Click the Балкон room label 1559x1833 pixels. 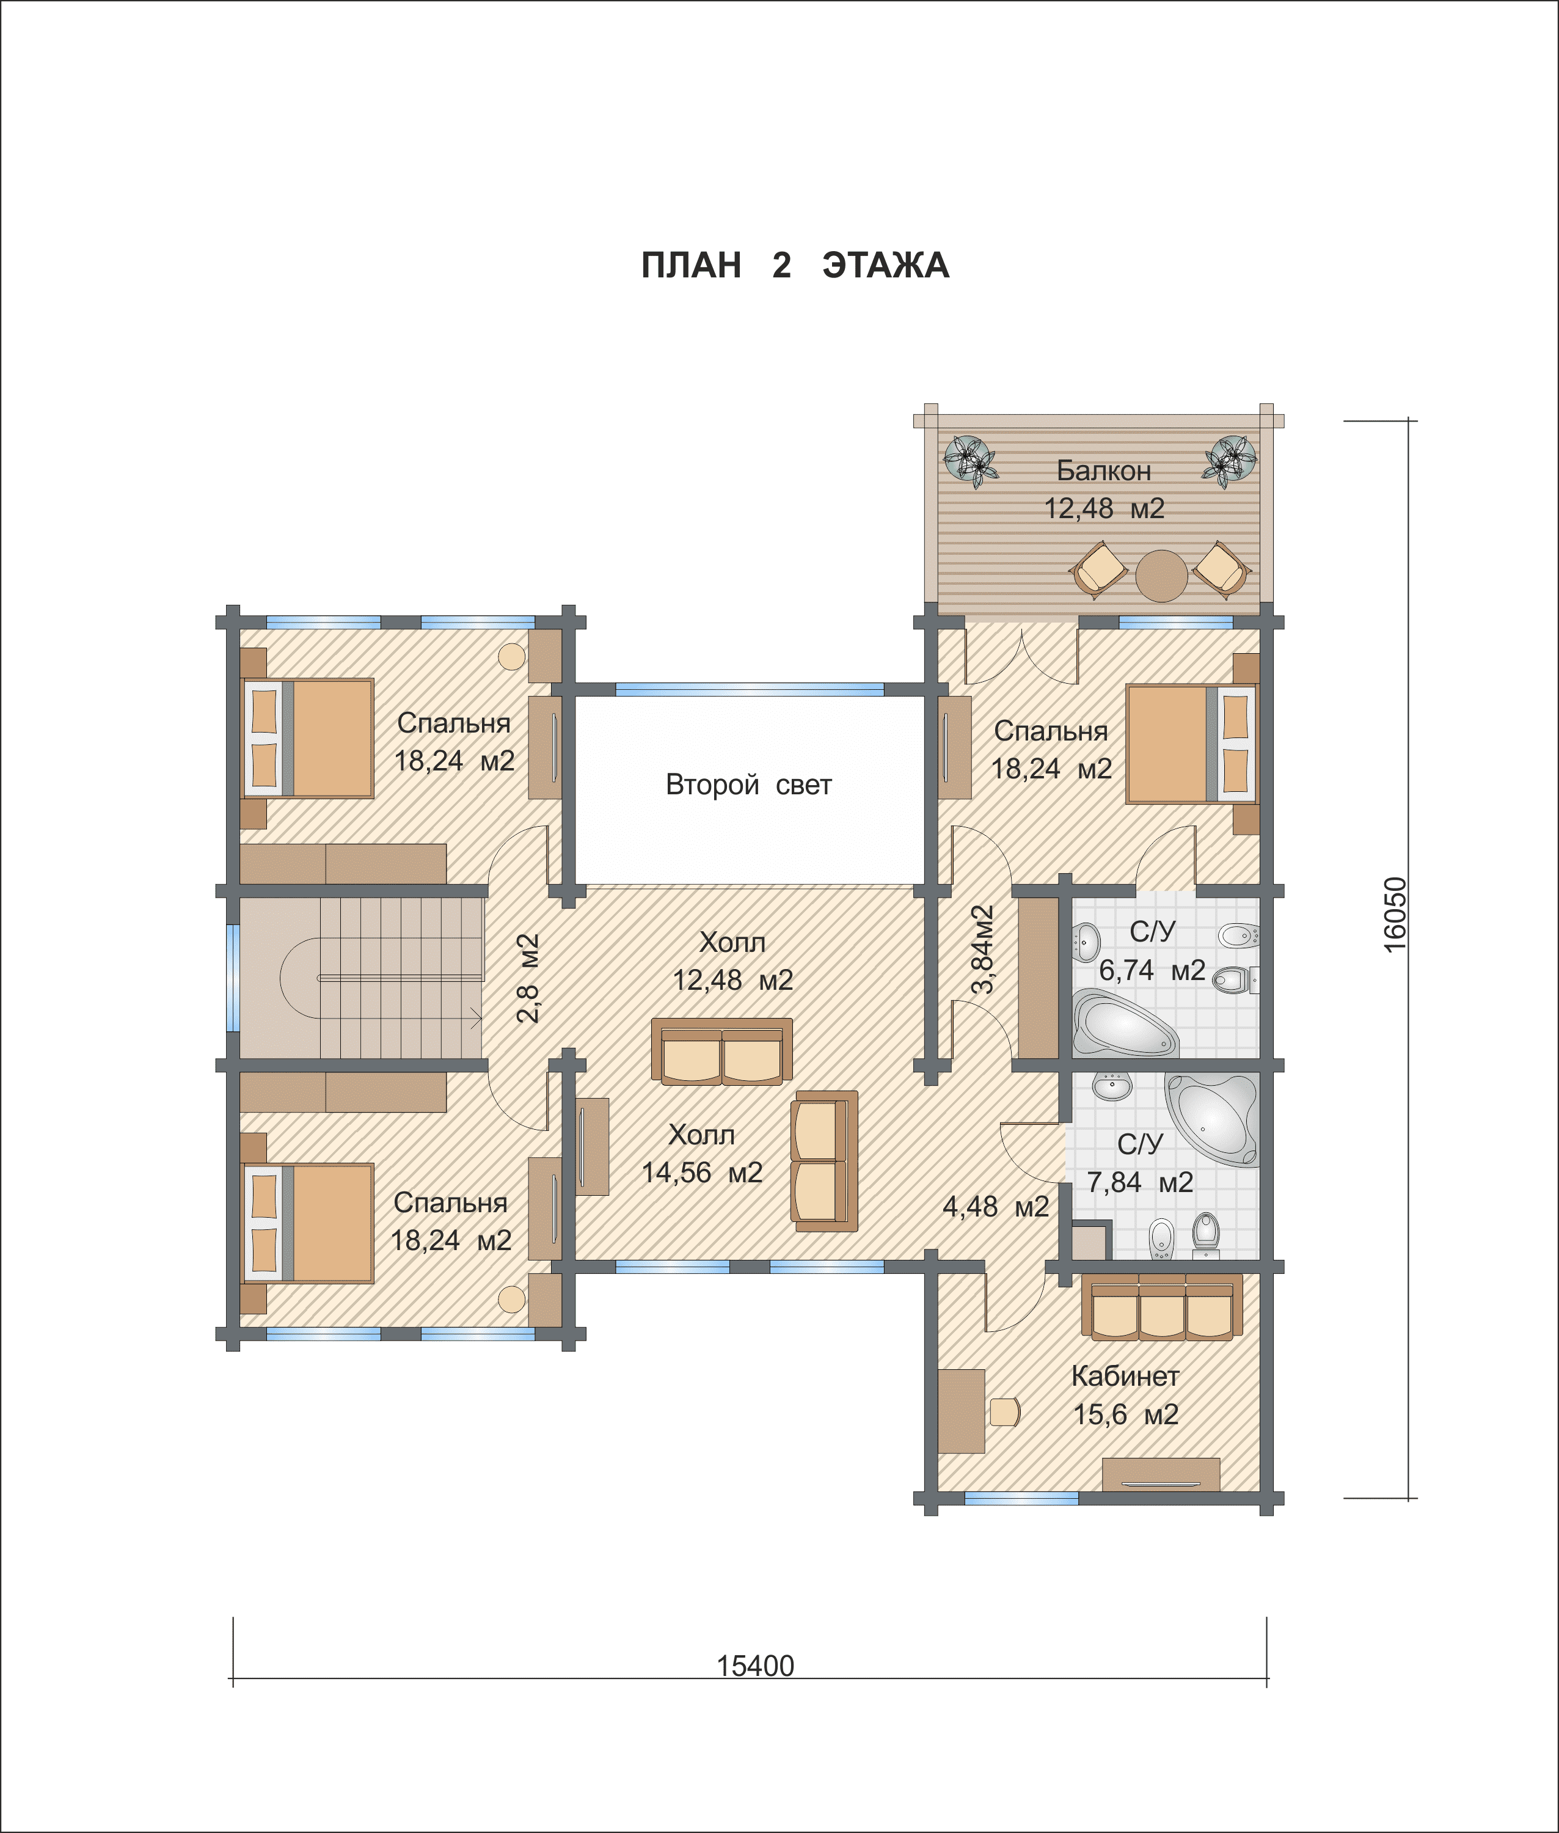click(1104, 470)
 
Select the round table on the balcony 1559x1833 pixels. click(1161, 576)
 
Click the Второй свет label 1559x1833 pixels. click(748, 784)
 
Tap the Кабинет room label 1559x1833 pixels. click(1125, 1376)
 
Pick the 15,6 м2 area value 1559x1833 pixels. click(1126, 1414)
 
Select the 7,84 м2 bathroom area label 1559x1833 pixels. click(1140, 1182)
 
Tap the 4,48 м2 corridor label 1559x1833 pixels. click(995, 1206)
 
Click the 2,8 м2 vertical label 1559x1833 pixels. click(528, 978)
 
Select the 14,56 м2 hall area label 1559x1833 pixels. click(702, 1172)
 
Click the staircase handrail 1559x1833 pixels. click(400, 978)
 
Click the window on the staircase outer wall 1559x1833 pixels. click(233, 978)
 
